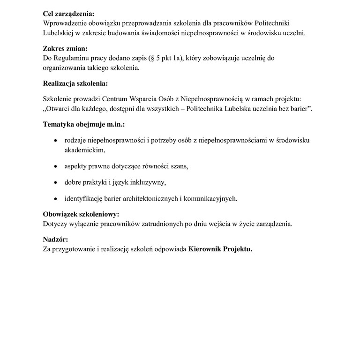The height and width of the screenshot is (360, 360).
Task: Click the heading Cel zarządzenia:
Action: point(71,14)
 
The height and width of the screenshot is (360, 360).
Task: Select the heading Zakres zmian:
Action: point(65,48)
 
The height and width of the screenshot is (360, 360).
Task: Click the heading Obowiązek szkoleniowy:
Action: point(81,214)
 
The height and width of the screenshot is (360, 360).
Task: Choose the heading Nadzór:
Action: point(55,240)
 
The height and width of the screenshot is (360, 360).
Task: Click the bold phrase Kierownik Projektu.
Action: point(220,249)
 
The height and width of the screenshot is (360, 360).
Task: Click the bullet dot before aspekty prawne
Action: point(56,166)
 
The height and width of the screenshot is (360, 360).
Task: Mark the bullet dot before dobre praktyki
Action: point(56,182)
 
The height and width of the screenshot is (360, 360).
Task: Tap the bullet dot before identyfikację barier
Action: point(56,199)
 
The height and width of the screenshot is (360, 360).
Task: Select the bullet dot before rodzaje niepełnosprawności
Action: point(56,141)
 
